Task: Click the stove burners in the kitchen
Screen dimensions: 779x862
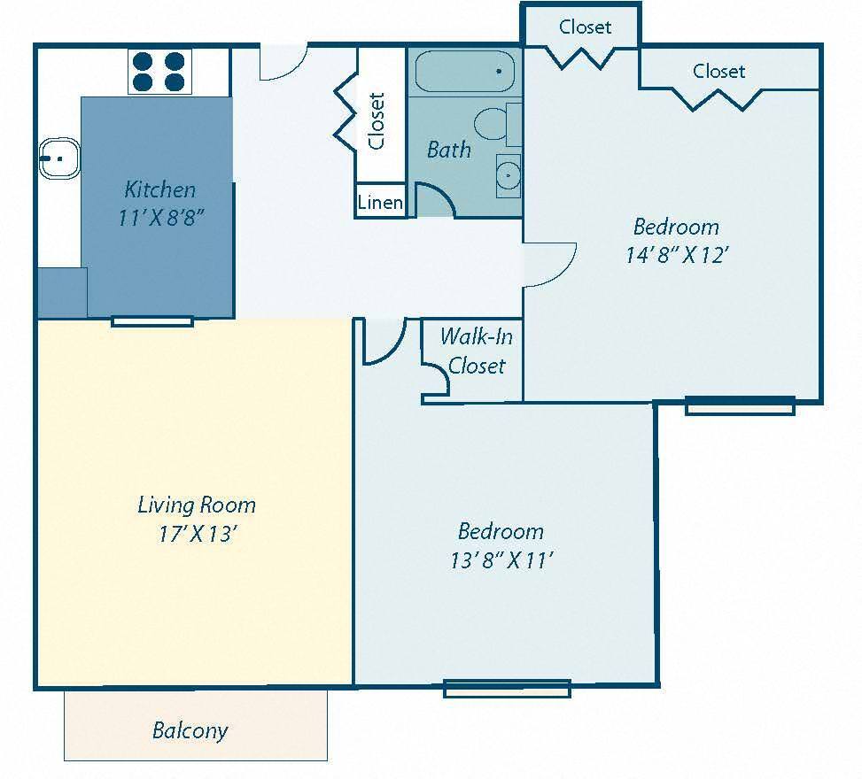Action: coord(160,72)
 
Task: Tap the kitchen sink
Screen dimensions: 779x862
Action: coord(59,159)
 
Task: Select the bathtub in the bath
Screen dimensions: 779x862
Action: coord(465,71)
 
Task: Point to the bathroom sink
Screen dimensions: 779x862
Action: coord(508,175)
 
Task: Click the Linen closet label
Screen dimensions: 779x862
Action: coord(380,203)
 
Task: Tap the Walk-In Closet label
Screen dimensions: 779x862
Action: coord(476,351)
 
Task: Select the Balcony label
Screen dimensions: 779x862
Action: coord(190,730)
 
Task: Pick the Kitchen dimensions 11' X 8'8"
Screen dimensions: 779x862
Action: coord(161,218)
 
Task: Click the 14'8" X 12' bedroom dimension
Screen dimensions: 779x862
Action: coord(676,255)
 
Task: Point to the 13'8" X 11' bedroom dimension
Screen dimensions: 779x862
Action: coord(501,559)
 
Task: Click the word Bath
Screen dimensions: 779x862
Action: coord(448,150)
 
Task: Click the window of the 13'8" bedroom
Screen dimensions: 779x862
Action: coord(507,688)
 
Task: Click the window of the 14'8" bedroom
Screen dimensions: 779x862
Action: coord(740,406)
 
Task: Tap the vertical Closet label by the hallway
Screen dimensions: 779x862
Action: coord(377,120)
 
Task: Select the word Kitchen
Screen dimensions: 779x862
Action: coord(159,189)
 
